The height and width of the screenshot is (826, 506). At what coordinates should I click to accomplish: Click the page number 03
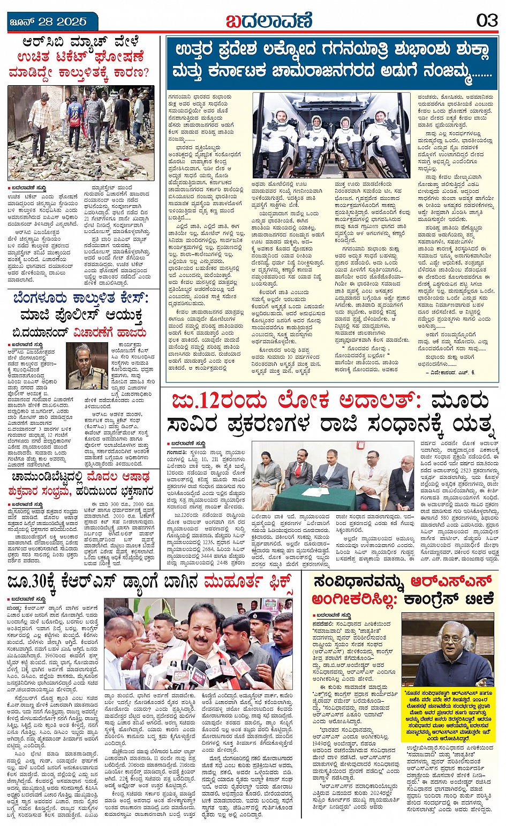(487, 20)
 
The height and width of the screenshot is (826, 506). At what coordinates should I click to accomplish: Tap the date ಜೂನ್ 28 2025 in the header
(48, 21)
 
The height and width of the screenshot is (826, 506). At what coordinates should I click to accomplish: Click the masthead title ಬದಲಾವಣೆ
(269, 21)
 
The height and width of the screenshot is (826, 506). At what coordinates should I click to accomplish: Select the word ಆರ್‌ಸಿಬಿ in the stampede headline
(45, 42)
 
